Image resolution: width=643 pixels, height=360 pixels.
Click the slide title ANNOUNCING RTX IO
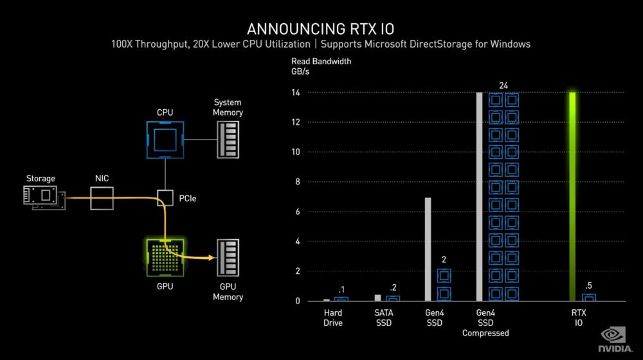click(x=320, y=29)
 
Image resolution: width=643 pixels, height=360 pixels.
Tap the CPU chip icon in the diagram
click(x=165, y=139)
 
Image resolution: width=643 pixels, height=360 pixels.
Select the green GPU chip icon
click(x=165, y=258)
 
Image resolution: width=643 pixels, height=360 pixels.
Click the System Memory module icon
click(x=228, y=139)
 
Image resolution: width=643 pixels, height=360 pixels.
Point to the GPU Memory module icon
click(x=228, y=258)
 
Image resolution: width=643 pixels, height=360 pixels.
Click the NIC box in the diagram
click(x=102, y=199)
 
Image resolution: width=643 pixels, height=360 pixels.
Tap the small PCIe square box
click(x=165, y=198)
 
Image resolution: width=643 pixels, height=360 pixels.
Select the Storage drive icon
click(x=44, y=197)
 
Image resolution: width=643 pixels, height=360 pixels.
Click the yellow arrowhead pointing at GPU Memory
click(x=212, y=258)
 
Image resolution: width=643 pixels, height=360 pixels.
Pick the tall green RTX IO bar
click(x=572, y=197)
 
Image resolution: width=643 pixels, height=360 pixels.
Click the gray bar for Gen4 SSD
click(x=428, y=249)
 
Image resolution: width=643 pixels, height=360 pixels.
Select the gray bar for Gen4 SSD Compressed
click(x=480, y=197)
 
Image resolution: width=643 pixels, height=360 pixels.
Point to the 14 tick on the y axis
click(x=296, y=93)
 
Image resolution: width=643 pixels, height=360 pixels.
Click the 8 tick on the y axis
click(x=298, y=182)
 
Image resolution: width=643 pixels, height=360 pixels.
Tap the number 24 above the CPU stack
click(x=503, y=85)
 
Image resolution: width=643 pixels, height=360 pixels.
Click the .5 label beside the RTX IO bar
click(x=588, y=286)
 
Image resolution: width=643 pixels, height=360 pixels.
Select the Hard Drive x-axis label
click(x=333, y=318)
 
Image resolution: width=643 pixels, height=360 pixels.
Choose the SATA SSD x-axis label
click(x=384, y=318)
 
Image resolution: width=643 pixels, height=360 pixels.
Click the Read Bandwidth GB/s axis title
click(x=321, y=66)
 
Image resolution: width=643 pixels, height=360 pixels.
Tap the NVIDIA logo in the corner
click(x=615, y=339)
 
